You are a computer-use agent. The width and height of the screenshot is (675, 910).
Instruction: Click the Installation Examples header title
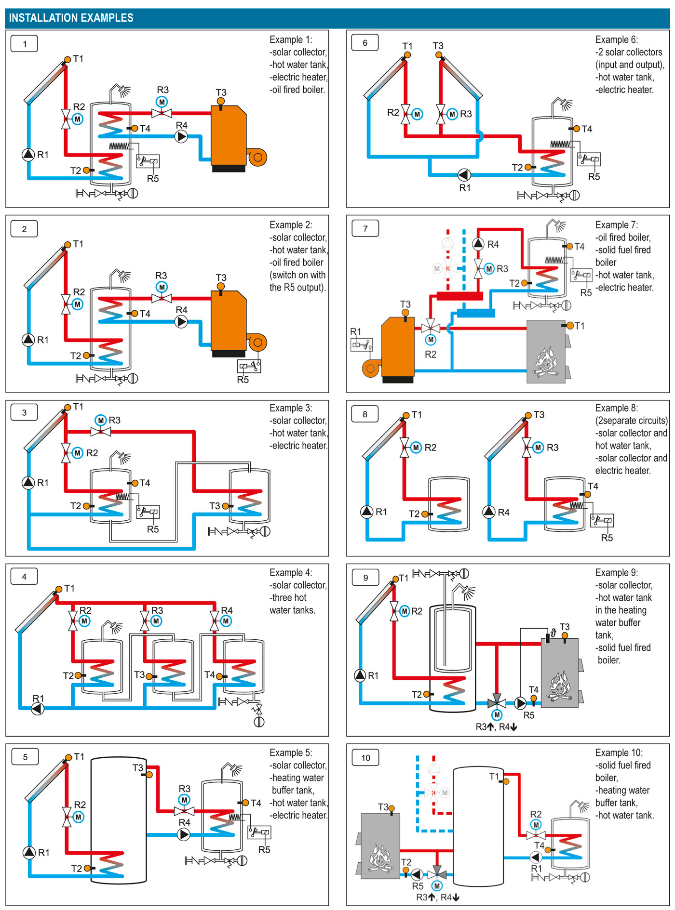(x=71, y=18)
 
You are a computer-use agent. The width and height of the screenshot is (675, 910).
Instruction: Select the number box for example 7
(x=365, y=228)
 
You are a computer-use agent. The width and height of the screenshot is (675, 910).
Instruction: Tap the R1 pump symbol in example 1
(x=28, y=154)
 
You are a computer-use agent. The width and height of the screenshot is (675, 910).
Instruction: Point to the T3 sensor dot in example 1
(x=221, y=101)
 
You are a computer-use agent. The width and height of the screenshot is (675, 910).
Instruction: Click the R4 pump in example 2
(x=181, y=321)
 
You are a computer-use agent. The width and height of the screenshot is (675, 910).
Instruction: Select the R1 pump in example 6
(x=464, y=174)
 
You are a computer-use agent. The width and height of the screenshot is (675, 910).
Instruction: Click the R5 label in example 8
(x=607, y=538)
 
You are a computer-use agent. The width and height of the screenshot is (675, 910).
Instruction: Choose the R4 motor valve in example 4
(x=215, y=620)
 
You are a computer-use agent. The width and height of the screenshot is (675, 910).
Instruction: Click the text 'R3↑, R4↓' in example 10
(x=438, y=897)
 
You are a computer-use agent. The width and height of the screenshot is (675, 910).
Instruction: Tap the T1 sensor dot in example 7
(x=570, y=326)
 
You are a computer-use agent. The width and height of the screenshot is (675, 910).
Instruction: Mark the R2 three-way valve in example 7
(x=431, y=328)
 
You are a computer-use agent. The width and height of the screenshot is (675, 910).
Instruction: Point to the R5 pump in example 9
(x=520, y=703)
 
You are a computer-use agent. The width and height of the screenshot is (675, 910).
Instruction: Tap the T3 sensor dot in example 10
(x=391, y=808)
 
